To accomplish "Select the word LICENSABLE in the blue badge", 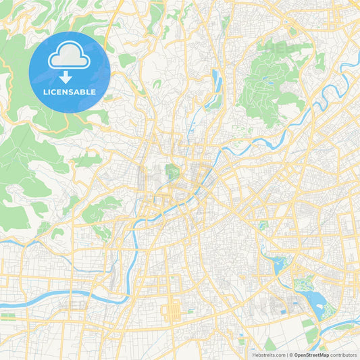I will click(70, 91).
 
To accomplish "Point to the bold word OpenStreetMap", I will click(311, 355).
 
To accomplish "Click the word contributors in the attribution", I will click(342, 355).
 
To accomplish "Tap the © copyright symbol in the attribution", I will click(291, 355).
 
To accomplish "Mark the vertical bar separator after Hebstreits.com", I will click(286, 355).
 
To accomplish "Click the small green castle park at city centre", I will click(173, 172).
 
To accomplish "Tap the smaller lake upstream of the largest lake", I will click(277, 264).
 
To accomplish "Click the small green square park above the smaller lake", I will click(263, 225).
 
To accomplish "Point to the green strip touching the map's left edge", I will click(8, 315).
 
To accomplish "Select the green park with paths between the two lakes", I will click(299, 284).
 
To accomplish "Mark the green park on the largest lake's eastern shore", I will click(329, 310).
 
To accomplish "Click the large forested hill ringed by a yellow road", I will click(270, 81).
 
